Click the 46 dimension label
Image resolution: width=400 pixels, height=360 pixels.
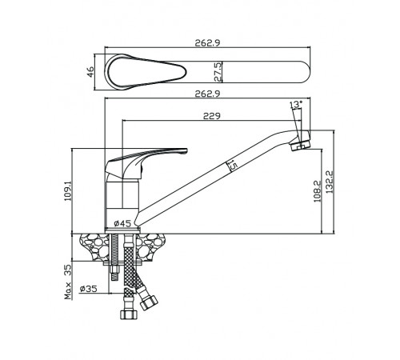click(x=91, y=72)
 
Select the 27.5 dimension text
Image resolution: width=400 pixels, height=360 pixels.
click(x=218, y=72)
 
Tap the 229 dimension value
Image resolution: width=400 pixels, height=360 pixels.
click(x=212, y=116)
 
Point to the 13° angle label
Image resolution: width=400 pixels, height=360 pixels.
click(x=296, y=104)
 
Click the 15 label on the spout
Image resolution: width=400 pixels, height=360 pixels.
click(x=233, y=166)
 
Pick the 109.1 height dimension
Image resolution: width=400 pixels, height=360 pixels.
click(x=68, y=191)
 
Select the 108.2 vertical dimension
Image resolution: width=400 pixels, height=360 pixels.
click(x=318, y=191)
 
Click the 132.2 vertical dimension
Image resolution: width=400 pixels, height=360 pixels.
click(x=330, y=182)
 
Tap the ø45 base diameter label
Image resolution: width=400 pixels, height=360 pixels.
click(x=122, y=223)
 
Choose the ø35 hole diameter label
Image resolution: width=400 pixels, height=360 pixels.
click(x=88, y=289)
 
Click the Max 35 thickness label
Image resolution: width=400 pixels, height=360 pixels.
click(x=68, y=282)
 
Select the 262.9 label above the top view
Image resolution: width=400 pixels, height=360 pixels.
click(x=207, y=43)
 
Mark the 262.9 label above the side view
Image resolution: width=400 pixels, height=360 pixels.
click(x=207, y=94)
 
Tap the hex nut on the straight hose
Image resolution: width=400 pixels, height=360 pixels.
click(x=129, y=314)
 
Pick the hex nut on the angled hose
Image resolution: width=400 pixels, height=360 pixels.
click(x=149, y=303)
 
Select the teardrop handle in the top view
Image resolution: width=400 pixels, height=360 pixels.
click(x=146, y=71)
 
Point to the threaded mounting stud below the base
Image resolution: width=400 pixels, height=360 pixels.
click(x=114, y=258)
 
